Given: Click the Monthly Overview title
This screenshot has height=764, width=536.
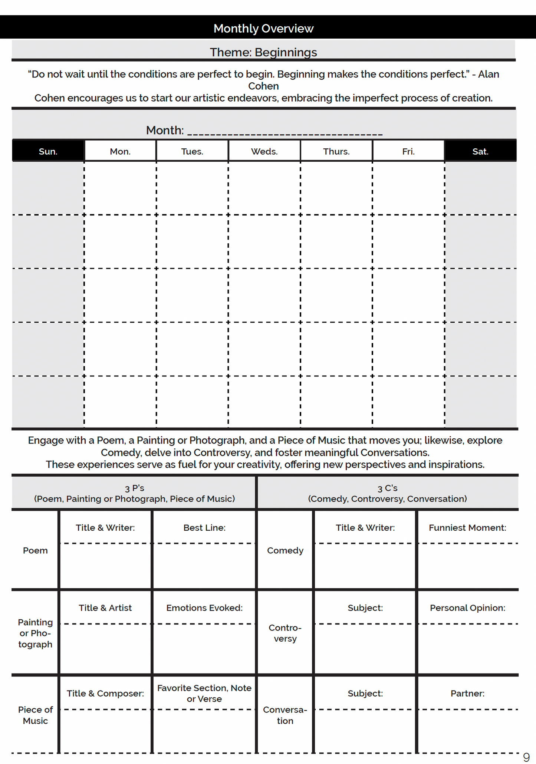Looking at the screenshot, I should point(263,29).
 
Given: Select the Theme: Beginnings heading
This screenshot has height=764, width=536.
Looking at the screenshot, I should point(263,52).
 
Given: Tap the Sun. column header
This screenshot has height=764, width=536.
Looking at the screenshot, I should point(48,151).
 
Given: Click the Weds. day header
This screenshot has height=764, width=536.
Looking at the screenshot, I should point(264,151).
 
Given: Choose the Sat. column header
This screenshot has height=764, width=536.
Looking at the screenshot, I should point(480,151).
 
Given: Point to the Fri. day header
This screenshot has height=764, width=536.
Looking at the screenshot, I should point(408,151).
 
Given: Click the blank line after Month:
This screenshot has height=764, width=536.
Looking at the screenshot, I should point(285,132).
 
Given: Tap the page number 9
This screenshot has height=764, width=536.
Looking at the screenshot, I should point(526,757).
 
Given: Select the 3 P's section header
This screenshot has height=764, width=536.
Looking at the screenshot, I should point(134,493).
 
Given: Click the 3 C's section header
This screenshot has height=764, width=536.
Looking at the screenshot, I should point(387,493).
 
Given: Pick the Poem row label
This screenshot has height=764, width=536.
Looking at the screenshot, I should point(35,550).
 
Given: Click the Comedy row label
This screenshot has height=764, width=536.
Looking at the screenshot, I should point(285,550).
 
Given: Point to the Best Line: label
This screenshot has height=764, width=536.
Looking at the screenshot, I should point(204,528).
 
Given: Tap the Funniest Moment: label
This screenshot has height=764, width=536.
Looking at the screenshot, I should point(467,528).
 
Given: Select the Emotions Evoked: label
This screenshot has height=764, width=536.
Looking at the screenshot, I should point(204,608).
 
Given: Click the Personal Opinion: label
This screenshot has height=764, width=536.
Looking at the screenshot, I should point(467,608).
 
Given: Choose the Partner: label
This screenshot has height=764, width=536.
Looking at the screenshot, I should point(467,694).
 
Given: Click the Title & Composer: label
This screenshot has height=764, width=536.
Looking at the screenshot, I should point(105,694).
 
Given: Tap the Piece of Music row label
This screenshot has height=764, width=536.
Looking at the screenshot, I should point(35,715).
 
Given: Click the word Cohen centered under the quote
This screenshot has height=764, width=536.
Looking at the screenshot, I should point(263,86).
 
